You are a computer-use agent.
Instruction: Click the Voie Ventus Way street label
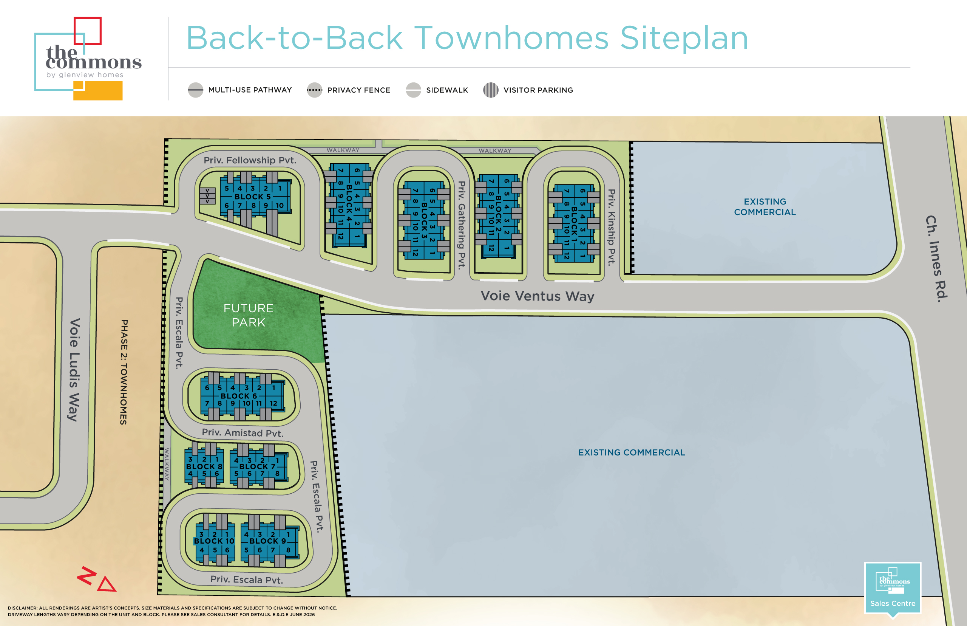[x=537, y=296]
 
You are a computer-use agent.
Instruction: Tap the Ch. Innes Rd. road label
[x=936, y=259]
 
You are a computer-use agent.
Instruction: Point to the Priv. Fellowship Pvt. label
[x=250, y=160]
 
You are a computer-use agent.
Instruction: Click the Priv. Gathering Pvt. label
[x=461, y=225]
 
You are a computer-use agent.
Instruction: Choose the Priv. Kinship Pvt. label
[x=611, y=227]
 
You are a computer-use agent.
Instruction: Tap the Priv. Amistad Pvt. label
[x=243, y=432]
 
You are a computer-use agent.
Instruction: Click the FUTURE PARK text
[x=249, y=315]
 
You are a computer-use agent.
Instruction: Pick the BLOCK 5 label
[x=253, y=197]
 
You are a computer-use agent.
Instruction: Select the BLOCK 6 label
[x=239, y=396]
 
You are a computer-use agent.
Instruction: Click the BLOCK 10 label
[x=214, y=541]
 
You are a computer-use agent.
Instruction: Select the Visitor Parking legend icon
[x=491, y=90]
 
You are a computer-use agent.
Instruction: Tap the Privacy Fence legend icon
[x=314, y=90]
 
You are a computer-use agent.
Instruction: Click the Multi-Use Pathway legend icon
[x=195, y=90]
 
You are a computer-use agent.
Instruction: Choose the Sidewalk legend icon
[x=414, y=90]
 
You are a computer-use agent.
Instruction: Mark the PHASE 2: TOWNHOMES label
[x=124, y=372]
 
